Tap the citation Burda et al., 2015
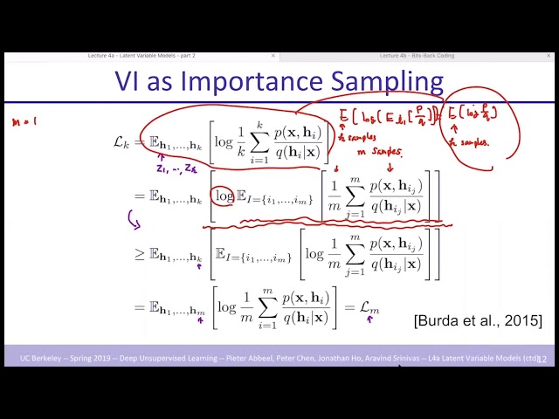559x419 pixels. tap(478, 320)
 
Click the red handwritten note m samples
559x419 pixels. tap(375, 152)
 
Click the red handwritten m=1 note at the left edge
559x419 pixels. tap(24, 123)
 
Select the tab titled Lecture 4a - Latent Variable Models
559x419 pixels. tap(141, 56)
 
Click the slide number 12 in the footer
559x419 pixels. tap(542, 359)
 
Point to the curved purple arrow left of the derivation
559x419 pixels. tap(135, 219)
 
